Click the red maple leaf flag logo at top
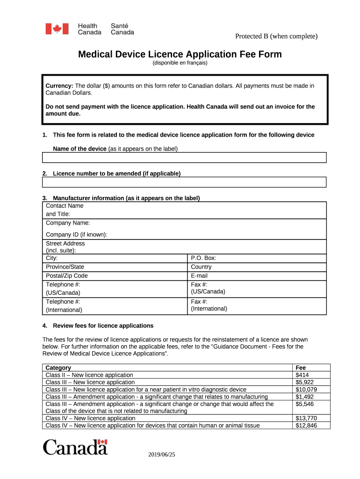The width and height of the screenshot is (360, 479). coord(57,29)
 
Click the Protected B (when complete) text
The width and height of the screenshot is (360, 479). coord(276,36)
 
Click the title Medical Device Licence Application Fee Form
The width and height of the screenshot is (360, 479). coord(180,54)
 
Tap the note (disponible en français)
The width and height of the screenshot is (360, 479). coord(180,63)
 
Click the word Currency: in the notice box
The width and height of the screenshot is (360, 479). coord(59,86)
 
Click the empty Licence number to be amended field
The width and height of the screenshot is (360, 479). coord(184,182)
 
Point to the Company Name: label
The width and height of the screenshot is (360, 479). coord(68,223)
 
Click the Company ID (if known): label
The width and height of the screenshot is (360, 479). coord(76,234)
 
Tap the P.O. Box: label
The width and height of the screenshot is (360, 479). coord(203,258)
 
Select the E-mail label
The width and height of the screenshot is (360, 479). coord(199,276)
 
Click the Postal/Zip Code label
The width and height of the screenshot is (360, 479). coord(66,276)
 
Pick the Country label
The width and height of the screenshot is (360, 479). coord(201,267)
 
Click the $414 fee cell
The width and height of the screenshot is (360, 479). coord(302,375)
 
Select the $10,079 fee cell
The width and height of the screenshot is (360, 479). coord(306,389)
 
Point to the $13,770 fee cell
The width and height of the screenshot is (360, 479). coord(306,418)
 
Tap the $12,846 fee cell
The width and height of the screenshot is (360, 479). coord(306,425)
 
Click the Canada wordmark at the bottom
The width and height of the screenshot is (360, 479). coord(75,447)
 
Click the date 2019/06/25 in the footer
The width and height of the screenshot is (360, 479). coord(161,455)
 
